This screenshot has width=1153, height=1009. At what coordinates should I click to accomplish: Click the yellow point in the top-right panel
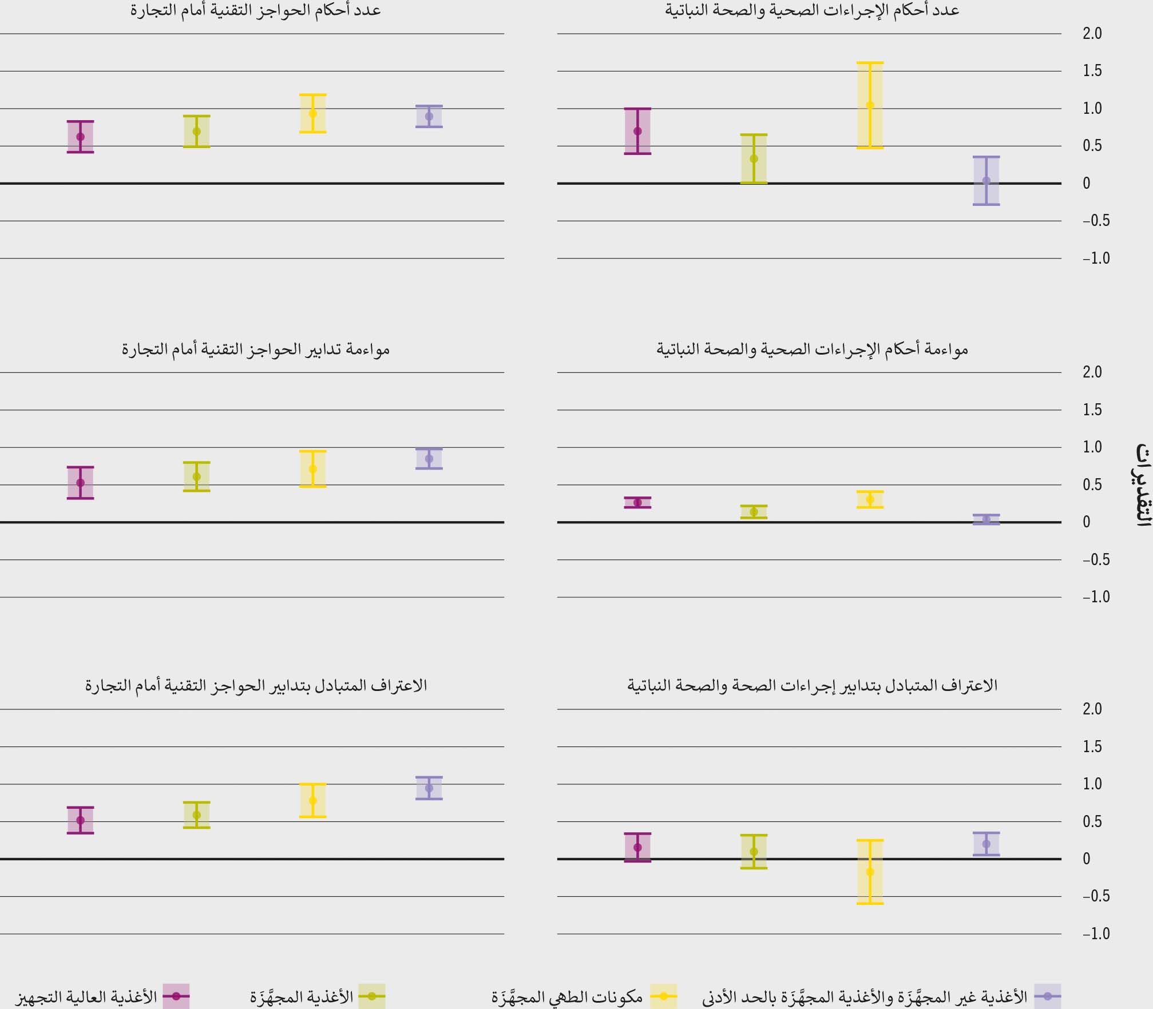coord(870,105)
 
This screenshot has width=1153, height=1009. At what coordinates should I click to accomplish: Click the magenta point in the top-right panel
coord(637,131)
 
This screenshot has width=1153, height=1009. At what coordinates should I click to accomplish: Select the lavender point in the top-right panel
coord(986,180)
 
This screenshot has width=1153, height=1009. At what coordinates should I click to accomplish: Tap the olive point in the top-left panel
coord(196,131)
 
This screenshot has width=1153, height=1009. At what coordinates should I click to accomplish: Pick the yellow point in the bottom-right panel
coord(870,872)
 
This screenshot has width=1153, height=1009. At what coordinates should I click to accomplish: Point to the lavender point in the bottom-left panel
coord(429,788)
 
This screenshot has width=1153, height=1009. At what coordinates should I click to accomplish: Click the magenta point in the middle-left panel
coord(80,483)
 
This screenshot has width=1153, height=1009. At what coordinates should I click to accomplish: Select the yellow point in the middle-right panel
coord(870,499)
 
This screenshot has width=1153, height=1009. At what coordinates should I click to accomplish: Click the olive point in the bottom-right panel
coord(754,852)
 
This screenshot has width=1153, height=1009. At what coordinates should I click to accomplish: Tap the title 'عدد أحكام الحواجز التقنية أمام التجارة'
coord(255,10)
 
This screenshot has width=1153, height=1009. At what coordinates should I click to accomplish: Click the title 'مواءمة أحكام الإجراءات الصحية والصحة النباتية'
coord(812,349)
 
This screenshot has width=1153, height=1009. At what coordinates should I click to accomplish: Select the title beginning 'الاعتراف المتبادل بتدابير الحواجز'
coord(256,685)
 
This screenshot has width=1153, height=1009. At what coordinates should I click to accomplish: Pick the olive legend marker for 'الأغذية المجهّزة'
coord(371,996)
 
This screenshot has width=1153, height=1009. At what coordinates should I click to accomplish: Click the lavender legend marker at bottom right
coord(1047,996)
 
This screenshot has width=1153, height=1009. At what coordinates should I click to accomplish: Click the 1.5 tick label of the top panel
coord(1092,71)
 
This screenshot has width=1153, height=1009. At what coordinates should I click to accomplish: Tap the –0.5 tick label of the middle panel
coord(1095,559)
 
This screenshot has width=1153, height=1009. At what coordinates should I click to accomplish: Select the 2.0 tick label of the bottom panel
coord(1092,709)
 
